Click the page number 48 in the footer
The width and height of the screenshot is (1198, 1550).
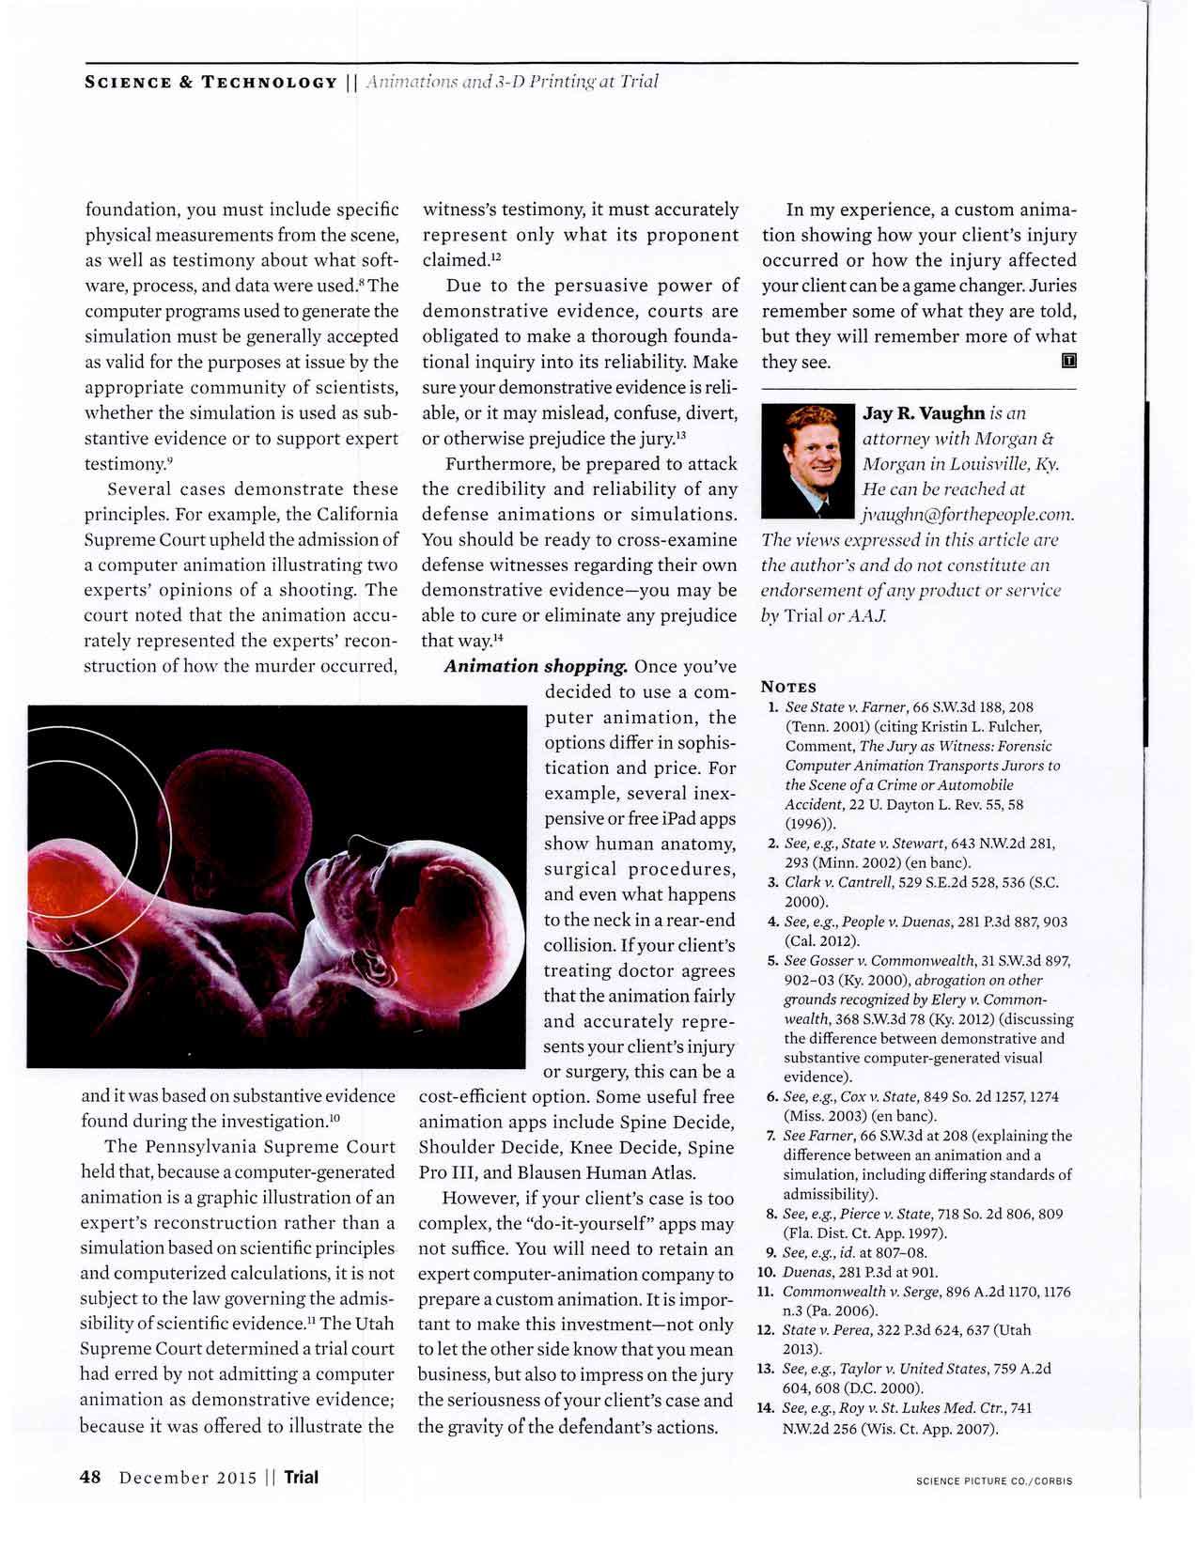pyautogui.click(x=90, y=1477)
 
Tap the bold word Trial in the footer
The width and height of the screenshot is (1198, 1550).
pyautogui.click(x=301, y=1477)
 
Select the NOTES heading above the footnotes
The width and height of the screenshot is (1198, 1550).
pyautogui.click(x=788, y=687)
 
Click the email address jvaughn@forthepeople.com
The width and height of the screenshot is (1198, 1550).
pyautogui.click(x=968, y=515)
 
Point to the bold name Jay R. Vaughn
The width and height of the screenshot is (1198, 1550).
pyautogui.click(x=924, y=413)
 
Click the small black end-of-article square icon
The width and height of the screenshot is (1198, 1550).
pyautogui.click(x=1067, y=361)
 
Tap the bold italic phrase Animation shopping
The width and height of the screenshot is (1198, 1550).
pyautogui.click(x=536, y=666)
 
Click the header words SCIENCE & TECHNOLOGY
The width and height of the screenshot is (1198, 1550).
pyautogui.click(x=211, y=82)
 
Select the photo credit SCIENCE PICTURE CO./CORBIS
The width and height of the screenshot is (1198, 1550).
pyautogui.click(x=993, y=1481)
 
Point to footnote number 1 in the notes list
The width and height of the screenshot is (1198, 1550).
pyautogui.click(x=772, y=706)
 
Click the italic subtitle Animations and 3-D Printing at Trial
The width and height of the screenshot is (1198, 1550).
pyautogui.click(x=511, y=82)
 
